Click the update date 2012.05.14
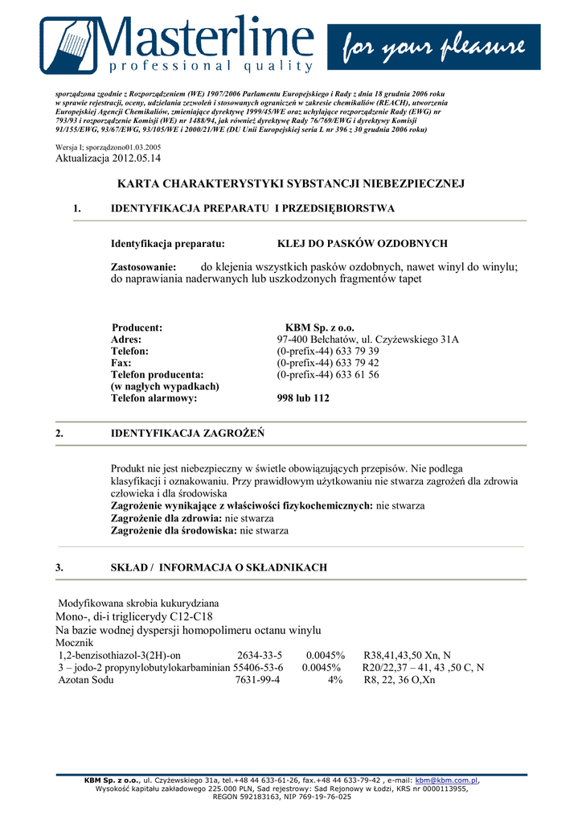pyautogui.click(x=136, y=159)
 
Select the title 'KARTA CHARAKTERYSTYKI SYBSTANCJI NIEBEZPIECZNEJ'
pyautogui.click(x=291, y=184)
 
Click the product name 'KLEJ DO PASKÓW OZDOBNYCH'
pyautogui.click(x=362, y=244)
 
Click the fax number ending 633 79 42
pyautogui.click(x=328, y=363)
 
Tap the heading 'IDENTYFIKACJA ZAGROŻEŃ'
pyautogui.click(x=187, y=434)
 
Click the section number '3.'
pyautogui.click(x=59, y=568)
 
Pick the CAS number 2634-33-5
pyautogui.click(x=259, y=655)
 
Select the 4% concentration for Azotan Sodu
pyautogui.click(x=334, y=680)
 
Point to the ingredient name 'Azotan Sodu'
pyautogui.click(x=86, y=680)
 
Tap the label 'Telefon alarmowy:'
pyautogui.click(x=154, y=398)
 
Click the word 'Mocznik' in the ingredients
pyautogui.click(x=75, y=643)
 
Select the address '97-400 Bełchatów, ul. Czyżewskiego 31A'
pyautogui.click(x=367, y=340)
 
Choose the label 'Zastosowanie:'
pyautogui.click(x=149, y=266)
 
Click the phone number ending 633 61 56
pyautogui.click(x=328, y=375)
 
